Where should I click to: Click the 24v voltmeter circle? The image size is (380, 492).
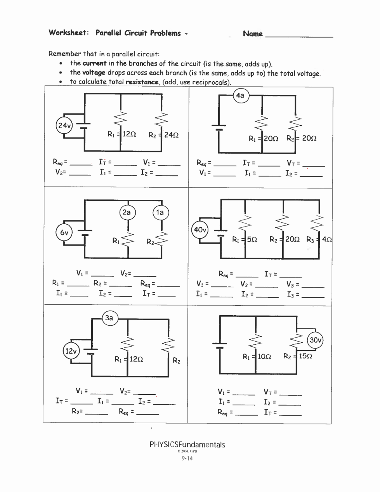point(64,126)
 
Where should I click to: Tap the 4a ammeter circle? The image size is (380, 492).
point(241,95)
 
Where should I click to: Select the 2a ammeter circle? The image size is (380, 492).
point(127,212)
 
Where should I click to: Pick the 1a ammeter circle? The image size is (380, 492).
point(160,212)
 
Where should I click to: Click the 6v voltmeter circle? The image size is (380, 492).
point(64,233)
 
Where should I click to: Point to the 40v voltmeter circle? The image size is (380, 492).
point(200,230)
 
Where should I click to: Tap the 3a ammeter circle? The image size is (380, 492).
point(109,318)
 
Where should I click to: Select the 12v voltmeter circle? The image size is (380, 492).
point(71,351)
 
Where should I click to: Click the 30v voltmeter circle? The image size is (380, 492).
point(315,340)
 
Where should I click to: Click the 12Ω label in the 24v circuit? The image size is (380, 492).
point(129,134)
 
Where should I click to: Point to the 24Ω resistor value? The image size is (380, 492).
point(171,135)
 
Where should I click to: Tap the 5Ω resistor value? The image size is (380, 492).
point(252,239)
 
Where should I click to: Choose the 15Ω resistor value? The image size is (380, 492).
point(305,356)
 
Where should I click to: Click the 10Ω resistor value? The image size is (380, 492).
point(264,356)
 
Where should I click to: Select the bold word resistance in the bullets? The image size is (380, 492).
point(142,82)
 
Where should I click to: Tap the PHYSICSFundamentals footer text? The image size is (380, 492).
point(187,445)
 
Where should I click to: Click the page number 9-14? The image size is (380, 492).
point(187,458)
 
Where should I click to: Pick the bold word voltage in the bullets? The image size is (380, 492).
point(94,73)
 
